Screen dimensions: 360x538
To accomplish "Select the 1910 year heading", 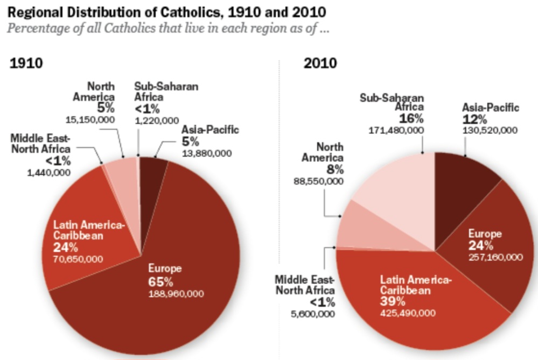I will [26, 63].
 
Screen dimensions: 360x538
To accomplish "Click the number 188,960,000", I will [176, 293].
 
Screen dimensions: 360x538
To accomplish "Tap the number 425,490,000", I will [408, 313].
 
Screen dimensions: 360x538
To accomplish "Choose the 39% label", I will [392, 301].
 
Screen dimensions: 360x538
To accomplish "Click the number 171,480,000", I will [396, 130].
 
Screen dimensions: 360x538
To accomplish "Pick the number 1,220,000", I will [156, 121].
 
